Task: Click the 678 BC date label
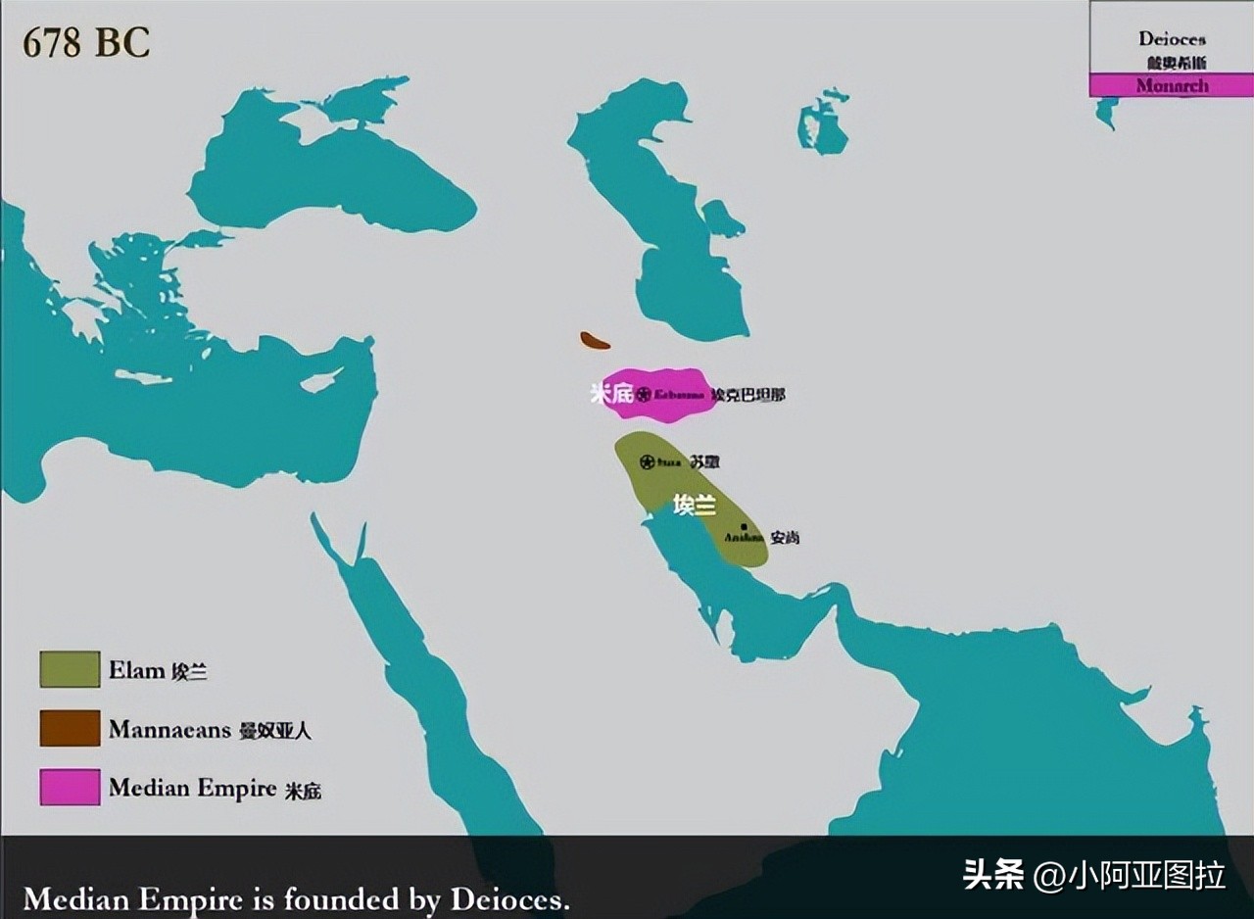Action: tap(86, 43)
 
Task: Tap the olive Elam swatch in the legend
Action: tap(70, 669)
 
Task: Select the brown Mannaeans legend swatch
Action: tap(70, 728)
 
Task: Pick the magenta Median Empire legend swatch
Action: tap(70, 787)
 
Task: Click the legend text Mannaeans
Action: tap(169, 729)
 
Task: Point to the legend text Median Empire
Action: tap(193, 788)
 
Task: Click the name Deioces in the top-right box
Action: tap(1172, 39)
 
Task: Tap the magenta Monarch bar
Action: tap(1172, 85)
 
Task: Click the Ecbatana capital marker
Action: tap(644, 395)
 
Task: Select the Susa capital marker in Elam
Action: tap(647, 461)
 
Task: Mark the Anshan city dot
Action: tap(745, 527)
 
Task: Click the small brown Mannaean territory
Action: tap(595, 341)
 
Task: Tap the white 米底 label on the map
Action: tap(611, 394)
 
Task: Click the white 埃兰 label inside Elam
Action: tap(695, 506)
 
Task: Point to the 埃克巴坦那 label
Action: tap(748, 395)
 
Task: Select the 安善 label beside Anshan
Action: tap(785, 537)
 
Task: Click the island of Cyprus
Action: tap(321, 379)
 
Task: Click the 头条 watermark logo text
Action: tap(993, 874)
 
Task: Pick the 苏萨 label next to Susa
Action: tap(704, 461)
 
